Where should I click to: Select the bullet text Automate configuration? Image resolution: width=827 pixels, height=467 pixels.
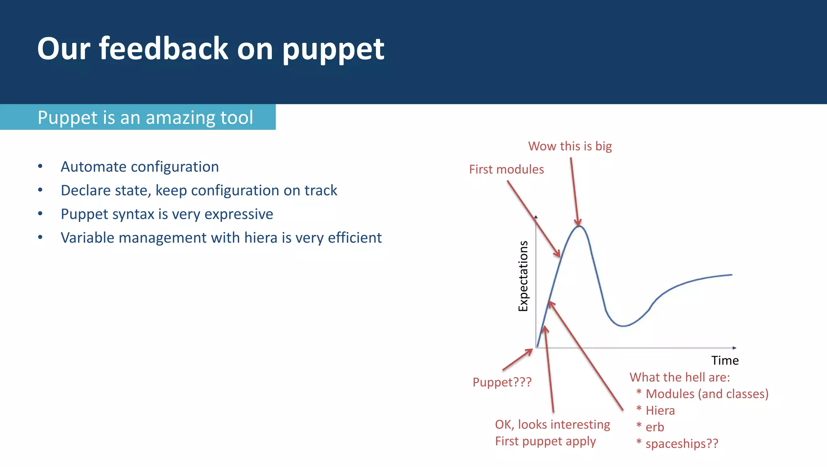click(x=140, y=167)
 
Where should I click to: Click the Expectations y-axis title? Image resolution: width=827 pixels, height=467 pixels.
click(x=523, y=276)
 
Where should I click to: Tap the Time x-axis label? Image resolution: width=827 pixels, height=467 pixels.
click(x=725, y=360)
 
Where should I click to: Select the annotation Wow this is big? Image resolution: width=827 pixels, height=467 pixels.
click(x=570, y=146)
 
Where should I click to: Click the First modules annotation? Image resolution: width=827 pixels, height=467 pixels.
click(x=506, y=169)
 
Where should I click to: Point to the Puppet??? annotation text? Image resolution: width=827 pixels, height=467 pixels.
click(x=502, y=382)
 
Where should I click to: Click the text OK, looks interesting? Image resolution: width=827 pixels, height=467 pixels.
click(x=552, y=425)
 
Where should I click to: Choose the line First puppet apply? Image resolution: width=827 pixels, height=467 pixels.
click(x=545, y=441)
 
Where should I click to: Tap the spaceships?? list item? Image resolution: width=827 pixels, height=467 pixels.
click(x=682, y=444)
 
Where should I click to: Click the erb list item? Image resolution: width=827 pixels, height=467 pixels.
click(x=655, y=427)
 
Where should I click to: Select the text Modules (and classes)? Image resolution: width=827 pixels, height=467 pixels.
click(x=707, y=394)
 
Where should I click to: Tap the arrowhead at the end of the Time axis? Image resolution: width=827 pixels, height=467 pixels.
click(x=734, y=348)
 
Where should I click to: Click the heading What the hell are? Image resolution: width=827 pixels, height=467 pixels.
click(x=680, y=377)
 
